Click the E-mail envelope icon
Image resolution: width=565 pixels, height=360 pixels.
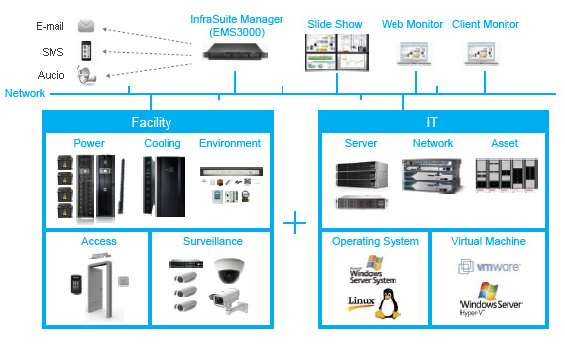pyautogui.click(x=86, y=26)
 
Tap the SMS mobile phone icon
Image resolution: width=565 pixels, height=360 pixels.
pyautogui.click(x=86, y=51)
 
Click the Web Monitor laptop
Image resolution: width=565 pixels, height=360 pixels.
pyautogui.click(x=414, y=54)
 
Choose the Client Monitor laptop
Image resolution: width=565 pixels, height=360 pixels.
pyautogui.click(x=485, y=54)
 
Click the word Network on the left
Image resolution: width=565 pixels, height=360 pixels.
pyautogui.click(x=24, y=94)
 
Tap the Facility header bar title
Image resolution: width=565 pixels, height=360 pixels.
pyautogui.click(x=151, y=123)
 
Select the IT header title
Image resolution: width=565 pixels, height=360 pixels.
pyautogui.click(x=430, y=123)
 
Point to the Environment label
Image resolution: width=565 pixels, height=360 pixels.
pyautogui.click(x=230, y=144)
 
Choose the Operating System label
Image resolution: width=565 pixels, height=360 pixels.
pyautogui.click(x=376, y=241)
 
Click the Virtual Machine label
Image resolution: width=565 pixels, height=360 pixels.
pyautogui.click(x=487, y=241)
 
